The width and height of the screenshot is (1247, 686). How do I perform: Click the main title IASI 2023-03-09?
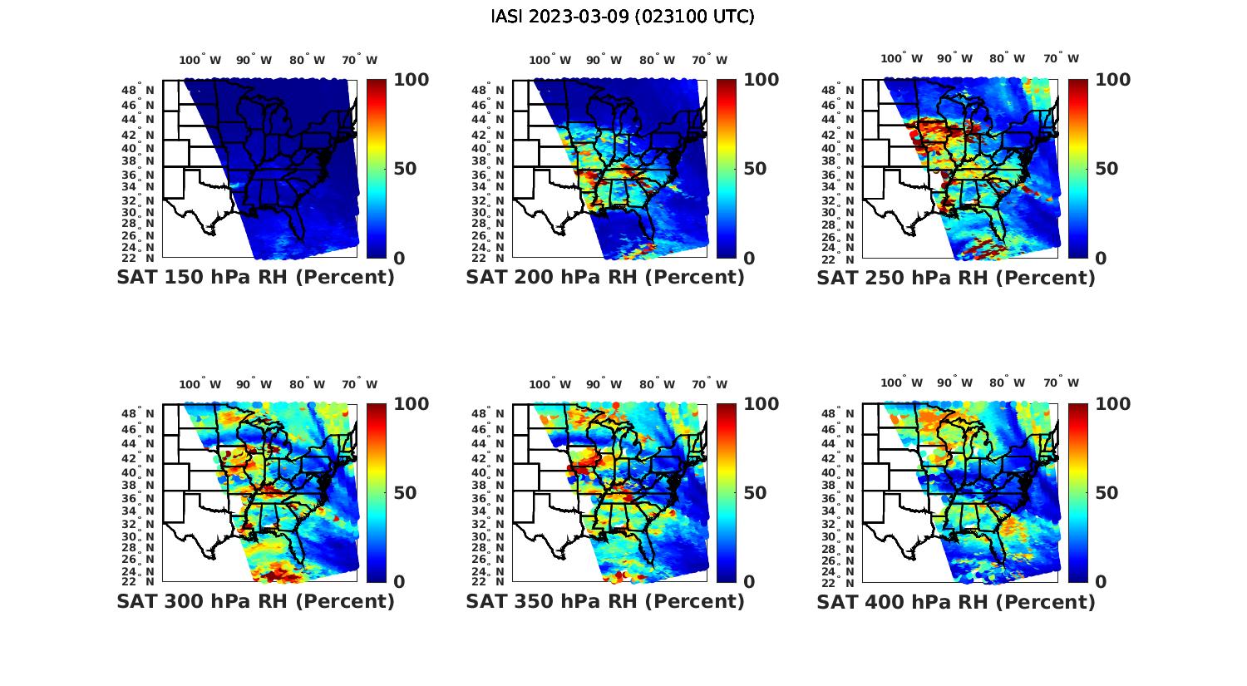623,17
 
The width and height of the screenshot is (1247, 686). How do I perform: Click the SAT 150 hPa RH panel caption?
256,277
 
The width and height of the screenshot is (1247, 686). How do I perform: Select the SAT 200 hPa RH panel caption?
605,277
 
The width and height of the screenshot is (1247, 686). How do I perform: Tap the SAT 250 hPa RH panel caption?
956,277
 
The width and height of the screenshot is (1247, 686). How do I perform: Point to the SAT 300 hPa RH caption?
256,601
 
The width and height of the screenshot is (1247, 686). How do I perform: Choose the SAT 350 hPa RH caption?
605,601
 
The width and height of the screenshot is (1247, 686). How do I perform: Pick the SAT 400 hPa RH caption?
956,601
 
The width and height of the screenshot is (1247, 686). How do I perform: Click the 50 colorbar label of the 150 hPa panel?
405,169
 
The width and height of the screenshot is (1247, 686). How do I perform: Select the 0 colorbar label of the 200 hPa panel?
749,259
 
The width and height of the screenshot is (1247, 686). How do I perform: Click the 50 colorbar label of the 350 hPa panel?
755,493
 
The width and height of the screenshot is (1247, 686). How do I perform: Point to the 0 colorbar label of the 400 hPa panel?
1101,582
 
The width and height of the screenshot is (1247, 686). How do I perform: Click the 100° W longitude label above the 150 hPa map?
200,60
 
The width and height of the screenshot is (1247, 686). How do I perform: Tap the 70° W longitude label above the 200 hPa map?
706,60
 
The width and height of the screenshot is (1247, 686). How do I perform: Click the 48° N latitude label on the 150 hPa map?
145,90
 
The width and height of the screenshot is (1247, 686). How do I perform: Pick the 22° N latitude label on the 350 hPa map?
495,580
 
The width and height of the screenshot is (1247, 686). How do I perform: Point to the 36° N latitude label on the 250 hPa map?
845,175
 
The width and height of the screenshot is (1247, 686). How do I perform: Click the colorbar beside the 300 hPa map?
377,492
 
